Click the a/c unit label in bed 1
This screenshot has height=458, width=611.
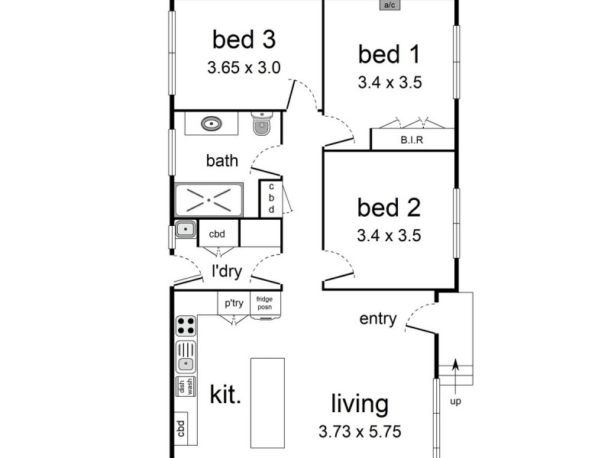pyautogui.click(x=390, y=5)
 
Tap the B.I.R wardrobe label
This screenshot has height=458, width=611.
pyautogui.click(x=412, y=140)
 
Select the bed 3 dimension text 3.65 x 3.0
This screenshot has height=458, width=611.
pyautogui.click(x=244, y=67)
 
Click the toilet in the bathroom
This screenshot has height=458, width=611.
pyautogui.click(x=261, y=124)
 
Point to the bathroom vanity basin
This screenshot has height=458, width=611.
pyautogui.click(x=212, y=123)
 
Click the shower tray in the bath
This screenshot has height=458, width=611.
pyautogui.click(x=209, y=201)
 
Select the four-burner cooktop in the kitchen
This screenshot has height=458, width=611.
pyautogui.click(x=186, y=326)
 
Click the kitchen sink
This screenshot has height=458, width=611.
pyautogui.click(x=186, y=356)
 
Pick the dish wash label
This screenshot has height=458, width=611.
pyautogui.click(x=186, y=386)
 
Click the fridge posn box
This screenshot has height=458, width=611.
pyautogui.click(x=265, y=305)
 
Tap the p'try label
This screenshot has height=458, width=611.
pyautogui.click(x=234, y=303)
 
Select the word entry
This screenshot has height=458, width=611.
pyautogui.click(x=378, y=318)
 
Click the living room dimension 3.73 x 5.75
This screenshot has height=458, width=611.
pyautogui.click(x=359, y=431)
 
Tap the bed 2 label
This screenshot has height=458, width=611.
pyautogui.click(x=389, y=207)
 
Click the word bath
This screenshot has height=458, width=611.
pyautogui.click(x=221, y=161)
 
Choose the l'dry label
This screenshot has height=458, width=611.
pyautogui.click(x=227, y=269)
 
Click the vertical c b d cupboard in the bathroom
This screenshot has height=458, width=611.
pyautogui.click(x=270, y=198)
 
